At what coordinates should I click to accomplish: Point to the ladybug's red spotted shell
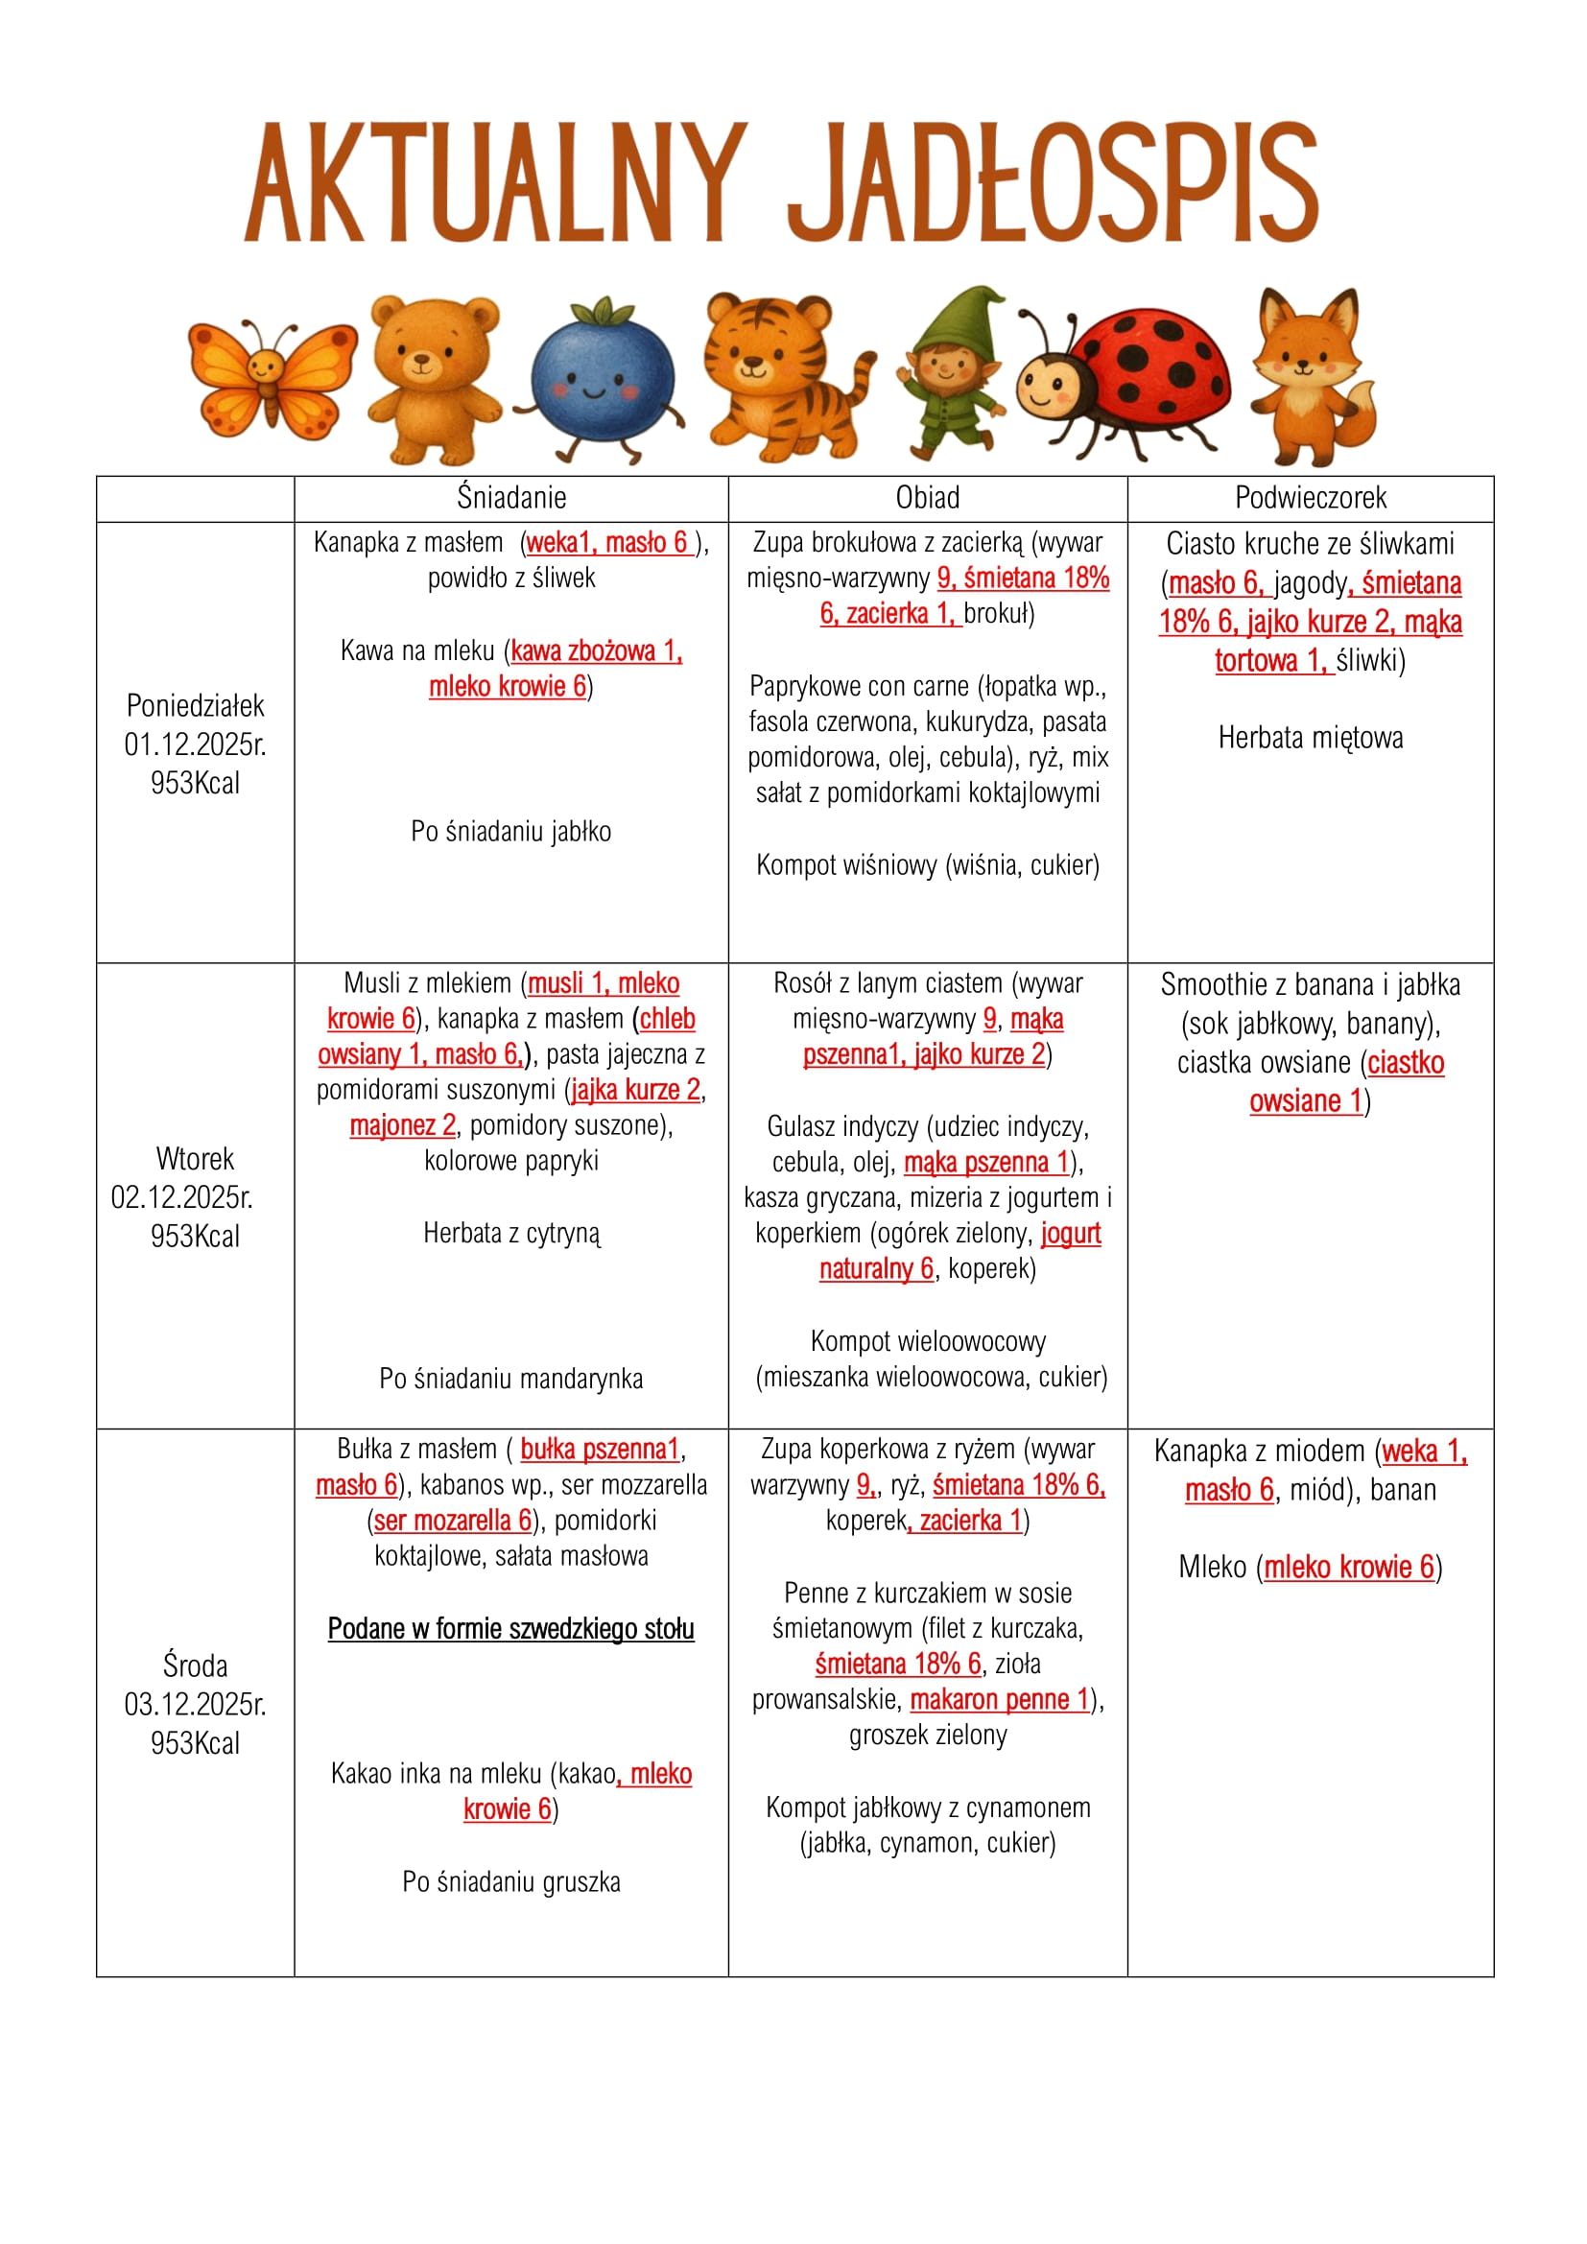click(1158, 364)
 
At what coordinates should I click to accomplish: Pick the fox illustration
click(1315, 376)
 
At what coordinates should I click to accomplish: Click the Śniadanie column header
click(511, 499)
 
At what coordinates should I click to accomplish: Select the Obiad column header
click(928, 499)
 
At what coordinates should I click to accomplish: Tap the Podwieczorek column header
click(1311, 499)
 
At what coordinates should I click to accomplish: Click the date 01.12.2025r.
click(196, 744)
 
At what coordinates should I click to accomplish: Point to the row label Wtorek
click(196, 1159)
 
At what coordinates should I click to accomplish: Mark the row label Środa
click(196, 1665)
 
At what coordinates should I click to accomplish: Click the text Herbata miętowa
click(1311, 738)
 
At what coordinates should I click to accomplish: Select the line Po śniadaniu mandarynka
click(511, 1379)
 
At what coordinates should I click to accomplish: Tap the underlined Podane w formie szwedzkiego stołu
click(511, 1629)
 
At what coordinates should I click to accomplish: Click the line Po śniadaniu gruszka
click(511, 1882)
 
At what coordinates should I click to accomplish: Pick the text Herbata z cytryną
click(511, 1234)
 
